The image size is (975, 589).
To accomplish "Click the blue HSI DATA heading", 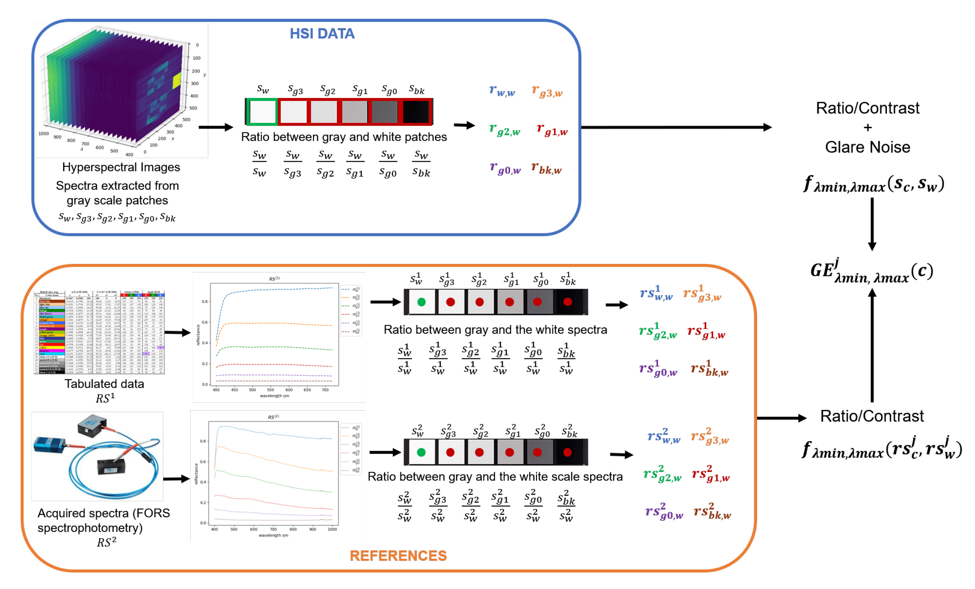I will (322, 34).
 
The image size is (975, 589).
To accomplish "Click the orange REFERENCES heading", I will (398, 555).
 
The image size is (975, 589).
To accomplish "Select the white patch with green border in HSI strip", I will (262, 112).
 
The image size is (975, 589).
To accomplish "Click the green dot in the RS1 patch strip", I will (421, 302).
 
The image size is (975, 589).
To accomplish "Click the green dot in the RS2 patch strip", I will (421, 452).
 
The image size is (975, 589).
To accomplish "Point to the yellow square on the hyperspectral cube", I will (177, 80).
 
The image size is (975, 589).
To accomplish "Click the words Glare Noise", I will (867, 147).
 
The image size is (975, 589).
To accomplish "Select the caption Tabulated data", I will (104, 384).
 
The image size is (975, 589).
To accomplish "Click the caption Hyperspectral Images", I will (121, 167).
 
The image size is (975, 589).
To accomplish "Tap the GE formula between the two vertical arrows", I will (871, 271).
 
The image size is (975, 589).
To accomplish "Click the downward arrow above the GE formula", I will (872, 224).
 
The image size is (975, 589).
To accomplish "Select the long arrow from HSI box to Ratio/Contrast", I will (676, 128).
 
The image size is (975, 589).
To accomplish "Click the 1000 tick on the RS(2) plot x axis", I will (332, 529).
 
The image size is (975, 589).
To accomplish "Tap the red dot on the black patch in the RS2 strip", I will (567, 452).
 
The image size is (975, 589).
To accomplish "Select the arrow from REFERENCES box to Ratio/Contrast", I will (781, 418).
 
